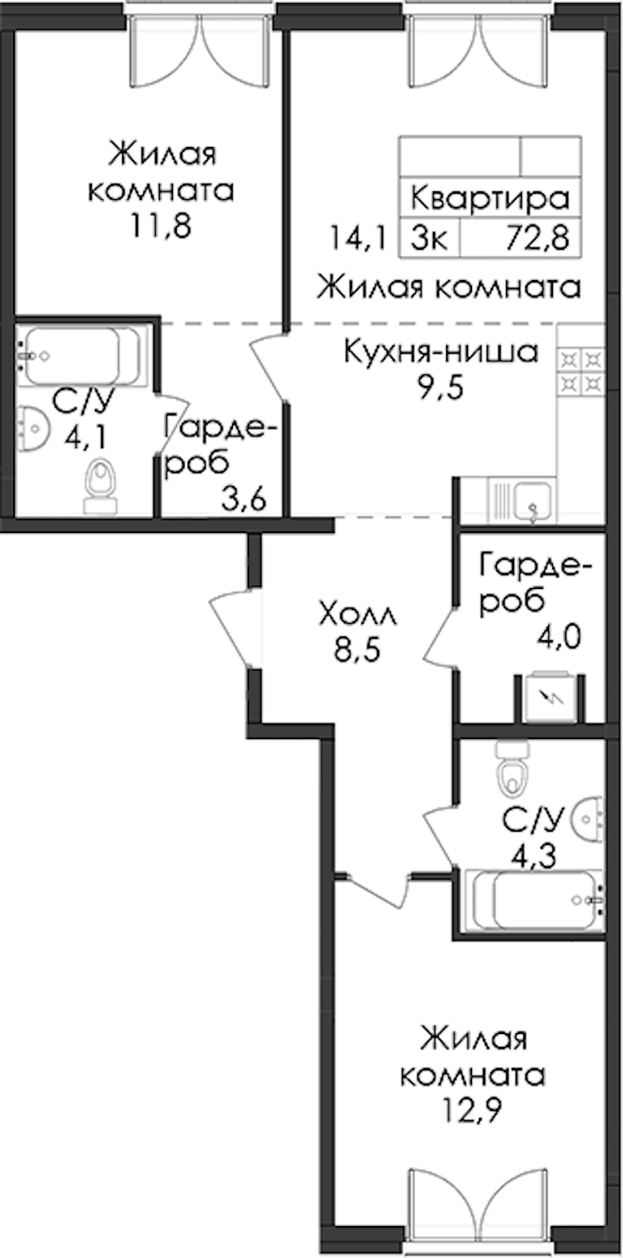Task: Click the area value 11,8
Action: tap(162, 226)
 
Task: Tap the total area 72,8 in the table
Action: tap(538, 238)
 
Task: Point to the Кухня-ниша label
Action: tap(441, 352)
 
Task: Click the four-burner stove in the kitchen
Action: tap(581, 370)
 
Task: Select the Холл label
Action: tap(357, 615)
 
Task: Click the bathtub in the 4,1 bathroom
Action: tap(79, 356)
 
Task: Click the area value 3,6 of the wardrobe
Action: tap(243, 499)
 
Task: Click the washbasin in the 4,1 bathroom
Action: tap(31, 428)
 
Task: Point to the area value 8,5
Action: tap(357, 651)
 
